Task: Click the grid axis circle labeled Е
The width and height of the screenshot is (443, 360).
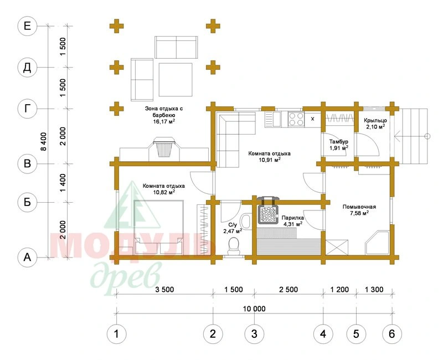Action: pos(27,26)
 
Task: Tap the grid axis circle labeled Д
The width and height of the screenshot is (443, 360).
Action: pos(27,68)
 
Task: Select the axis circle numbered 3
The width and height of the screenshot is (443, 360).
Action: pos(254,334)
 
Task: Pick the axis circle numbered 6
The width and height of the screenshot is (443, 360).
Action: pos(392,334)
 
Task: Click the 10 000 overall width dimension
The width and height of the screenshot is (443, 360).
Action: pos(254,308)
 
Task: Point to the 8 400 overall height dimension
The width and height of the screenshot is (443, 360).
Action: pos(44,141)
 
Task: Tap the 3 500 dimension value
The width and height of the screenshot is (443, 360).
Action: pos(164,289)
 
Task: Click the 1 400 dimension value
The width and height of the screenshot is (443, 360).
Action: pos(63,183)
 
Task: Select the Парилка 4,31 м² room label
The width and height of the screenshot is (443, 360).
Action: pos(293,220)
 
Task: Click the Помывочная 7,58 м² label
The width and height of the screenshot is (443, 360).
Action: pos(359,210)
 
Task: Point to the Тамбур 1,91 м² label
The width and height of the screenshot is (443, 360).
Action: pos(339,145)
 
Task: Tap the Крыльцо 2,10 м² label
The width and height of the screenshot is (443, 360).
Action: pos(375,124)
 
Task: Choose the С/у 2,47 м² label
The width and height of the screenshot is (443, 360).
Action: pos(233,228)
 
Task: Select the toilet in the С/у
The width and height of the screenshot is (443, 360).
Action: pos(233,245)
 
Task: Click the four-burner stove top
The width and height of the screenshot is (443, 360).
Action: pos(296,119)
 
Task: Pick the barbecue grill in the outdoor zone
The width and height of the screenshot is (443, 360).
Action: pos(164,147)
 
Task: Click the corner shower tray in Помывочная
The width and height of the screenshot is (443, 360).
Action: pos(378,243)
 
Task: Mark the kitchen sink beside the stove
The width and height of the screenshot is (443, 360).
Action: pos(273,119)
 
